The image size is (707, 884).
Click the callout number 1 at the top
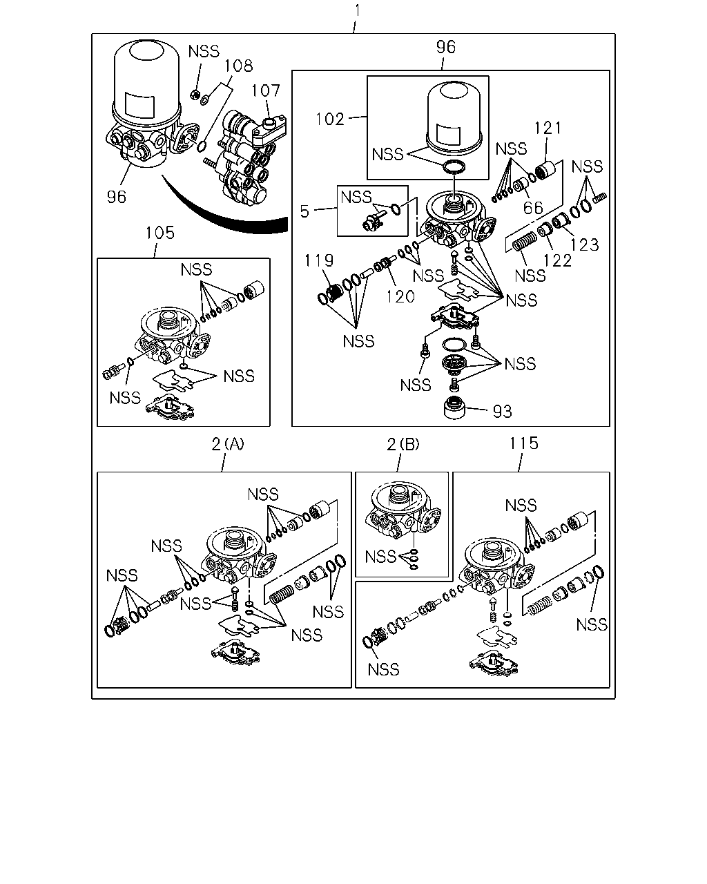(x=358, y=10)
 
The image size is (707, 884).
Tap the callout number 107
(x=265, y=90)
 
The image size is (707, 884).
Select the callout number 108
(x=239, y=66)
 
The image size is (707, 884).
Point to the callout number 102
(x=329, y=119)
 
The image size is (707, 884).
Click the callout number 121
(x=548, y=128)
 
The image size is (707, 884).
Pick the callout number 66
(x=533, y=208)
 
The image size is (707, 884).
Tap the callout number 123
(x=585, y=244)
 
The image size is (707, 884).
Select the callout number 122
(x=557, y=260)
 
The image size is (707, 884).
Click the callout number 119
(x=319, y=260)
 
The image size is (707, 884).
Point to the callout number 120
(x=400, y=296)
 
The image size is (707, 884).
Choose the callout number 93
(x=503, y=412)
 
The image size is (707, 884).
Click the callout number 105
(x=160, y=233)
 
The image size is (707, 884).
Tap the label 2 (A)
(x=228, y=444)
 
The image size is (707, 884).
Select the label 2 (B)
(x=403, y=444)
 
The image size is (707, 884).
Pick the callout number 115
(x=524, y=443)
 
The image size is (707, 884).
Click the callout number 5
(x=304, y=211)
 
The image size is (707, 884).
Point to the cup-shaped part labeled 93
(x=454, y=408)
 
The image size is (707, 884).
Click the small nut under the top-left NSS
(x=195, y=95)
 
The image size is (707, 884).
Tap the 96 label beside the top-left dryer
(x=117, y=198)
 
